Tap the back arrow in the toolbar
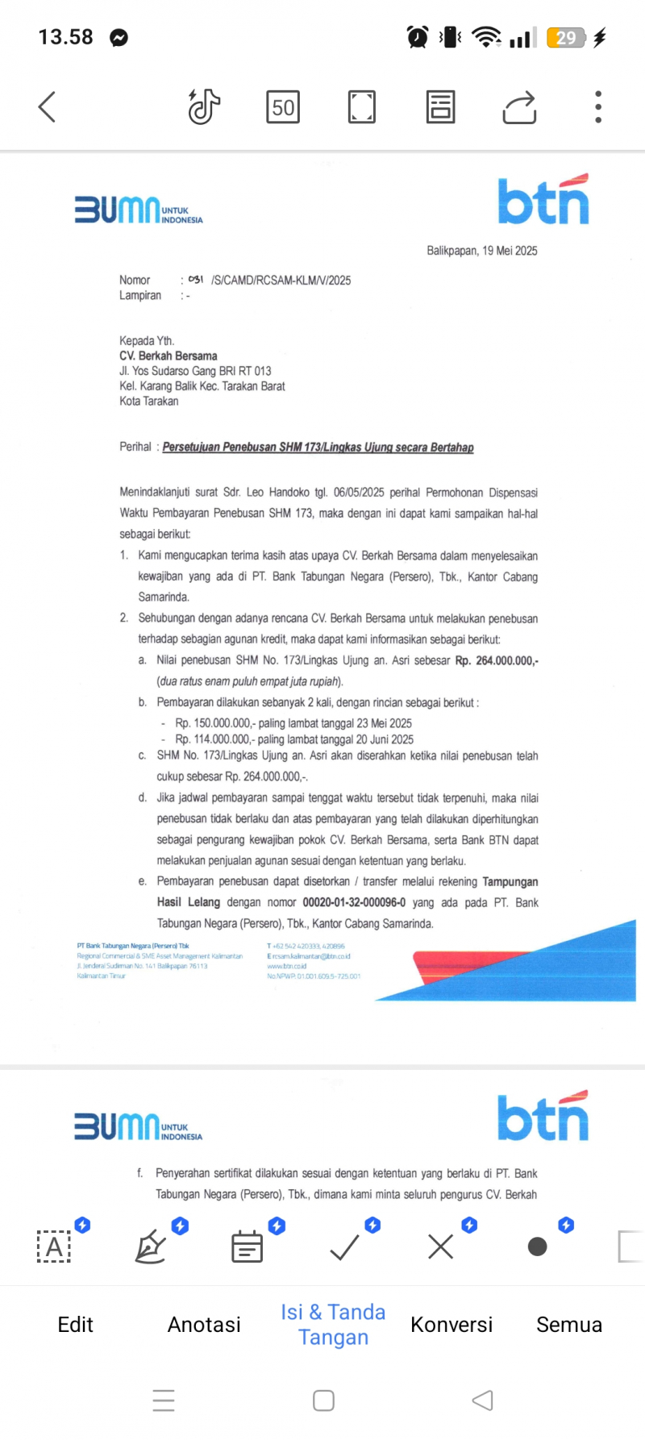(x=48, y=106)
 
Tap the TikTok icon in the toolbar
(x=204, y=106)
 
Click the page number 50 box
(x=283, y=107)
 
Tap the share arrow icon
(x=519, y=107)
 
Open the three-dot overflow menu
(x=598, y=107)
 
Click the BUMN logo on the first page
(x=138, y=210)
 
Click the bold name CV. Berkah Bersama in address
(x=169, y=356)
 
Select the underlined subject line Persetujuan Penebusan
(x=318, y=447)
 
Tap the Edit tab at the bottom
(x=76, y=1325)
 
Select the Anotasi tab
(x=204, y=1325)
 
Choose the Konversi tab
(x=451, y=1325)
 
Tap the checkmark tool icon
(x=345, y=1247)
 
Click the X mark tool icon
(x=441, y=1247)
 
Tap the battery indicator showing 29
(x=566, y=37)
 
